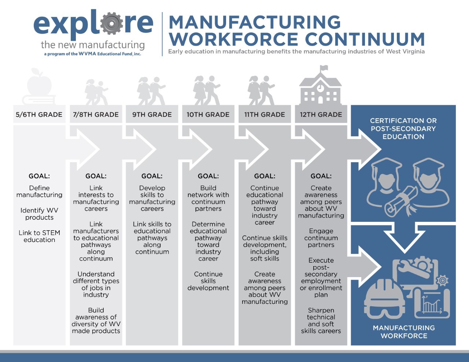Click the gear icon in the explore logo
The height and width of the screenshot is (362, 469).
pyautogui.click(x=111, y=23)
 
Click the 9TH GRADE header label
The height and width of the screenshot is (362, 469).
pyautogui.click(x=152, y=115)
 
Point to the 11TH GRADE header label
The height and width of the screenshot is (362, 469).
pyautogui.click(x=265, y=115)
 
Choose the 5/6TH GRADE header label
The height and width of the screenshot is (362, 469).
pyautogui.click(x=39, y=115)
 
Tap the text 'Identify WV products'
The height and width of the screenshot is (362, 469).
pyautogui.click(x=39, y=214)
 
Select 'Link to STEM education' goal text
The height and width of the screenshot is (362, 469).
pyautogui.click(x=39, y=236)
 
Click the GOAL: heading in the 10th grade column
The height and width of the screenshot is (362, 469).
pyautogui.click(x=208, y=176)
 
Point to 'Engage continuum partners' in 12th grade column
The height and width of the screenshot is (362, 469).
pyautogui.click(x=321, y=238)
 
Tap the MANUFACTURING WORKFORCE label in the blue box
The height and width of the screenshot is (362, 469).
pyautogui.click(x=404, y=332)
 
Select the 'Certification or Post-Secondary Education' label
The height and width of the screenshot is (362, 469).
pyautogui.click(x=403, y=128)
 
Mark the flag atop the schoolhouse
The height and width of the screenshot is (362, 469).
pyautogui.click(x=324, y=68)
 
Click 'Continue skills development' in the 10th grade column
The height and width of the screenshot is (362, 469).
pyautogui.click(x=208, y=281)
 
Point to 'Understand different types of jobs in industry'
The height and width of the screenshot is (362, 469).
pyautogui.click(x=96, y=284)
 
